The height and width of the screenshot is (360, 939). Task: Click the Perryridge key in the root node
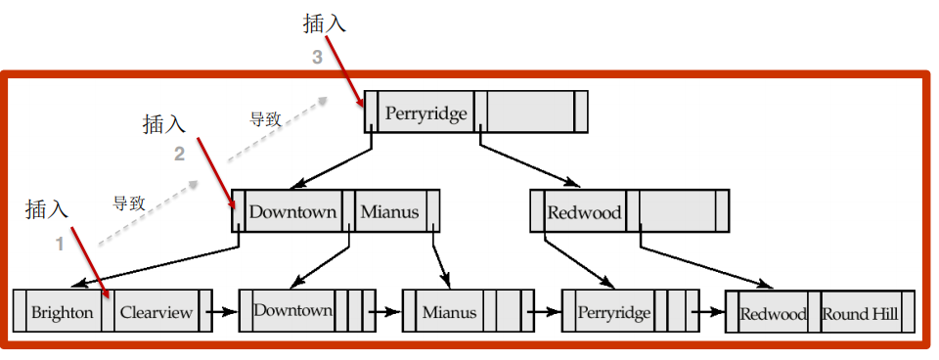coord(425,112)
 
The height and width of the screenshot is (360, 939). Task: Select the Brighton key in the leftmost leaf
coord(63,313)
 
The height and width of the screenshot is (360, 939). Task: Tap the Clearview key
coord(156,313)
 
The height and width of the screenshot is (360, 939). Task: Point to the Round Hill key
coord(860,314)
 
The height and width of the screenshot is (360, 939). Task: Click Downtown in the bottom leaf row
coord(292,310)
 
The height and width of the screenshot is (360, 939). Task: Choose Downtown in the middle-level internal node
coord(292,211)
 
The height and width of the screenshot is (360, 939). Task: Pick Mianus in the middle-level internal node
coord(388,211)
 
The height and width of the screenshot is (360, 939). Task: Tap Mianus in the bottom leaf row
coord(449,313)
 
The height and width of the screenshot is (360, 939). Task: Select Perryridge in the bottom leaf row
coord(613,313)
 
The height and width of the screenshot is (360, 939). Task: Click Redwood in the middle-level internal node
coord(584,212)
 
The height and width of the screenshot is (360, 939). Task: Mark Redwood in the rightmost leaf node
coord(773,314)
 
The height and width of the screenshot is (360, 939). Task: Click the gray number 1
coord(60,245)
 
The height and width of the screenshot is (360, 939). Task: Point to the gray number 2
coord(179,154)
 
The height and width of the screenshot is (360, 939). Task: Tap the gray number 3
coord(317,58)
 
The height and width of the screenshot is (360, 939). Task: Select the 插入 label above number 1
coord(46,208)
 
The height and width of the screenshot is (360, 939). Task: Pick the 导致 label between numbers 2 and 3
coord(265,119)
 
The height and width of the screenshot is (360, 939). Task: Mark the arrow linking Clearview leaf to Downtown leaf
coord(224,313)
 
